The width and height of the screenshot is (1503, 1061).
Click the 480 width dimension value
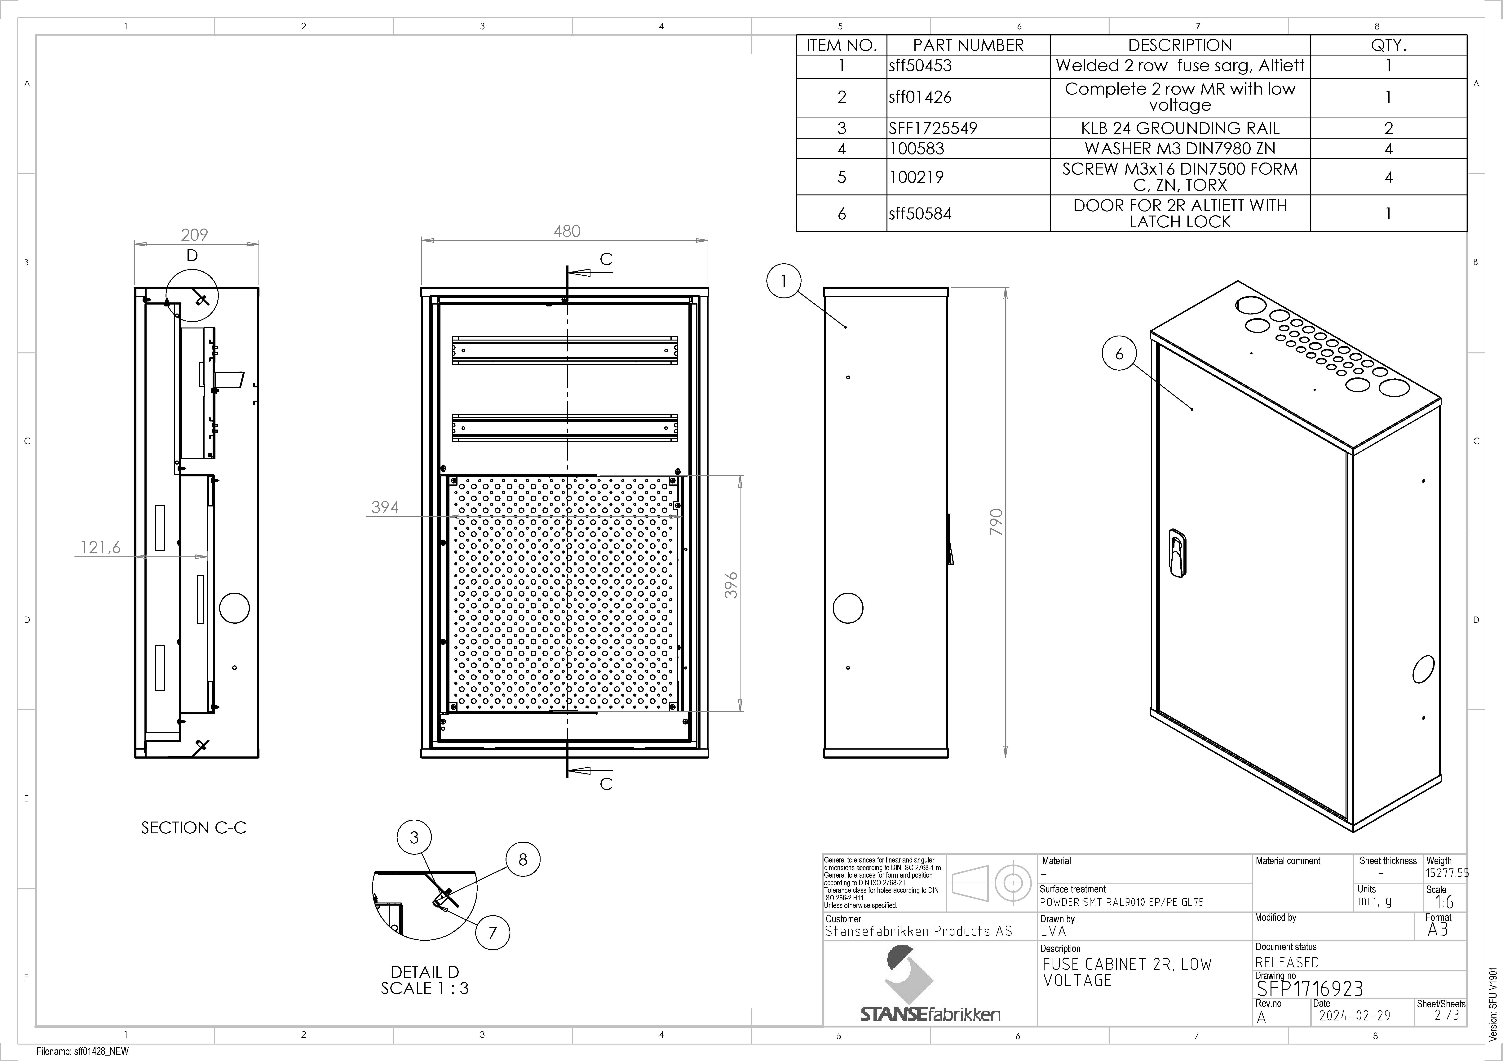pos(567,231)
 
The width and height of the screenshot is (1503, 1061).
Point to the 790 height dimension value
pos(996,522)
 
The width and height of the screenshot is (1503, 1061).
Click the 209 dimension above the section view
pos(194,234)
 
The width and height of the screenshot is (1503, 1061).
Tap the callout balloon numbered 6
pos(1119,354)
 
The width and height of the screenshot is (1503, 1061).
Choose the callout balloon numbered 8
pos(522,859)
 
